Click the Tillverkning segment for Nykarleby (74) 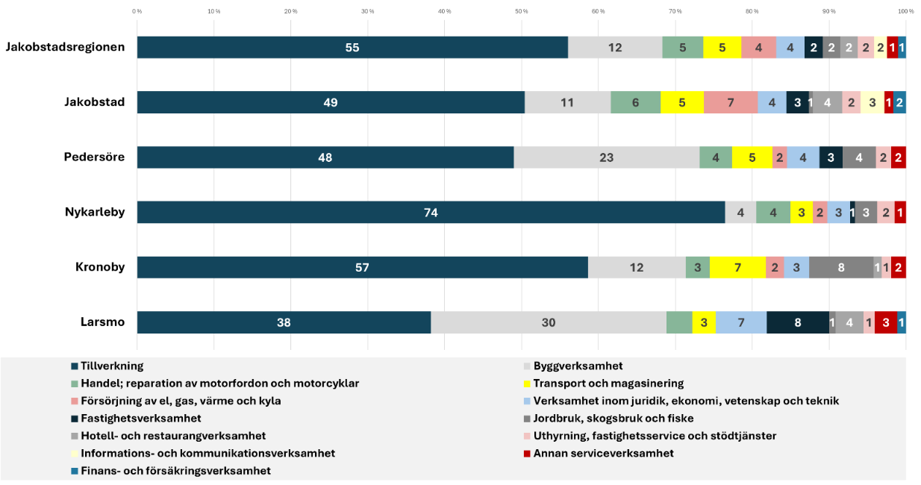(x=431, y=212)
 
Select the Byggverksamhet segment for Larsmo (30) (x=549, y=322)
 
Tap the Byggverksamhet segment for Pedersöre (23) (x=607, y=157)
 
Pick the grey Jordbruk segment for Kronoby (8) (x=841, y=268)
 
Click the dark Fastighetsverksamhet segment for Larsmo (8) (x=798, y=322)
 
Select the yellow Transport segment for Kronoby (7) (x=737, y=268)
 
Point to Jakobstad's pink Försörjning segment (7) (x=731, y=102)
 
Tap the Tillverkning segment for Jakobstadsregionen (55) (x=352, y=47)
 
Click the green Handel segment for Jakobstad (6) (x=636, y=102)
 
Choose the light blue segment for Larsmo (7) (x=741, y=322)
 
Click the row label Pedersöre (x=94, y=157)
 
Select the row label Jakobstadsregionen (x=65, y=47)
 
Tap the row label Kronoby (x=100, y=267)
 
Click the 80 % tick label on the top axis (x=752, y=11)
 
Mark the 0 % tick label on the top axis (x=137, y=11)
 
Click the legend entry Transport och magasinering (x=604, y=384)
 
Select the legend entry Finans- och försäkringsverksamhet (x=171, y=471)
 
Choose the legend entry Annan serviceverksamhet (x=599, y=454)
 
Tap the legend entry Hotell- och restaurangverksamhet (x=169, y=436)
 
